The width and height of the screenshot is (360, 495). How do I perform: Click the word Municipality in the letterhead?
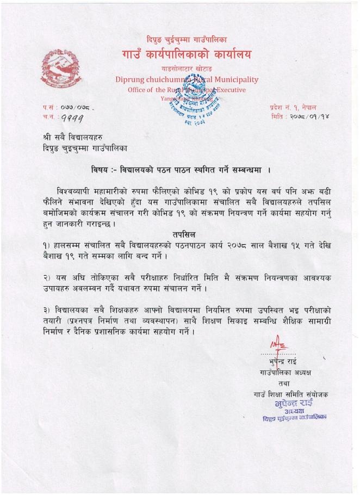(x=231, y=79)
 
